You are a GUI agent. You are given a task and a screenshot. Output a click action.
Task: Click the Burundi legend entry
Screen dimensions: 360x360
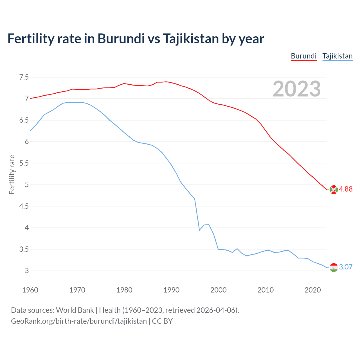303,56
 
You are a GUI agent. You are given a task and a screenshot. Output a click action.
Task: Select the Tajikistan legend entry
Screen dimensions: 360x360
337,56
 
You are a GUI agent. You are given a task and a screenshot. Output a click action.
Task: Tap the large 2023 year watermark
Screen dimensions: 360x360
297,89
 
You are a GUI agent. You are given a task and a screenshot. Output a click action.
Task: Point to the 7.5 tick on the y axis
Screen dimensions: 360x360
24,77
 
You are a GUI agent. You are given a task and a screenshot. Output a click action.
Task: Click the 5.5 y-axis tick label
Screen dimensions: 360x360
24,163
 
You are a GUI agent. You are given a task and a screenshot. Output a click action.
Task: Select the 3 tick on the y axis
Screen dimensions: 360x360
27,271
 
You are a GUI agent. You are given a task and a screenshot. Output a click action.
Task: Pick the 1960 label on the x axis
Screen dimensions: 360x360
30,290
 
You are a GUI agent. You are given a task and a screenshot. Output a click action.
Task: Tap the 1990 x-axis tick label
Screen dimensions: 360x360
171,290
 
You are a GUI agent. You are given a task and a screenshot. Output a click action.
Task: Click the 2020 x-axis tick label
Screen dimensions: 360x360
312,290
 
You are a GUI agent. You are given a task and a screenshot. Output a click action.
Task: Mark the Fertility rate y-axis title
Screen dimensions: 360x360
12,174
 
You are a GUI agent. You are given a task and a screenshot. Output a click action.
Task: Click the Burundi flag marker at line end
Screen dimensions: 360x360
334,190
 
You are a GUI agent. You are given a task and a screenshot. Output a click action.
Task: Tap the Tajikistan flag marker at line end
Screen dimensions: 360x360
334,267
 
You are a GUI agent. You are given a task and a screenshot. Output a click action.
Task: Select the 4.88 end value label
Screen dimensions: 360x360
346,189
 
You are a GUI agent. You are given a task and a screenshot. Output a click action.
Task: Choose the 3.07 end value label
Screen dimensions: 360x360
346,267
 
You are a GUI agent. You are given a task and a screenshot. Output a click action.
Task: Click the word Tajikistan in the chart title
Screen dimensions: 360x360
190,39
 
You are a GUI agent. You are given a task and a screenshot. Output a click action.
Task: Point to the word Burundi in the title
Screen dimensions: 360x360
121,39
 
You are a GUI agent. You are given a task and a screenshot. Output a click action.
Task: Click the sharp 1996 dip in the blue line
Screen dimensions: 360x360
199,230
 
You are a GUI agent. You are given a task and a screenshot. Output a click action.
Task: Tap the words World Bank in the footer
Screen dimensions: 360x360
75,310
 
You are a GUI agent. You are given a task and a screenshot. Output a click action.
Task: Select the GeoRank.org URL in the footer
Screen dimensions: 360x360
79,321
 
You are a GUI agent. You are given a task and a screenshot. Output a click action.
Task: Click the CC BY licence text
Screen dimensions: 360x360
162,321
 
